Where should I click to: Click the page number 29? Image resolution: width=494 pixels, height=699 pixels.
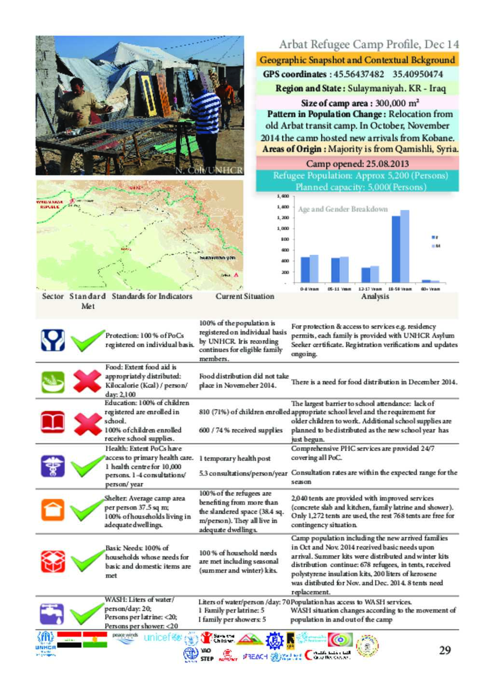pos(445,650)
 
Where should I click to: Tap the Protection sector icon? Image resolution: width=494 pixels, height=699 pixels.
pos(53,340)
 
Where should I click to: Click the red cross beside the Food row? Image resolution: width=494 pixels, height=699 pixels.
pos(87,381)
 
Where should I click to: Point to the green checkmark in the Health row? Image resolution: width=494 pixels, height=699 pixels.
pos(87,466)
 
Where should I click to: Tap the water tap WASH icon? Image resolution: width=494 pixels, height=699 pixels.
pos(52,614)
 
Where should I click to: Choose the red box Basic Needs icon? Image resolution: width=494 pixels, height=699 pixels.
pos(53,561)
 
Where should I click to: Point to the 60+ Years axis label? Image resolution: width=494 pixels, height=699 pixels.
pos(431,288)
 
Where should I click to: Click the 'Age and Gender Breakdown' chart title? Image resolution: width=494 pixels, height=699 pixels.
pos(343,209)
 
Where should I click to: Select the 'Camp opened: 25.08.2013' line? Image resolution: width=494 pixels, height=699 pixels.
pos(357,163)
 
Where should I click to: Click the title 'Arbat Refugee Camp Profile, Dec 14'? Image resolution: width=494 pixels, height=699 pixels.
pos(369,44)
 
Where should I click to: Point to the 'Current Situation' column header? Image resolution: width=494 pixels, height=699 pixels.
pos(245,296)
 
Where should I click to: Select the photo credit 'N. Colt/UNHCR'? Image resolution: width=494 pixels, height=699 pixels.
pos(209,170)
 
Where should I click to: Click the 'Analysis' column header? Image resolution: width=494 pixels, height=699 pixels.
pos(375,296)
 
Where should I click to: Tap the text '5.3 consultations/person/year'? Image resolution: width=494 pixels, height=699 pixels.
pos(243,473)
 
